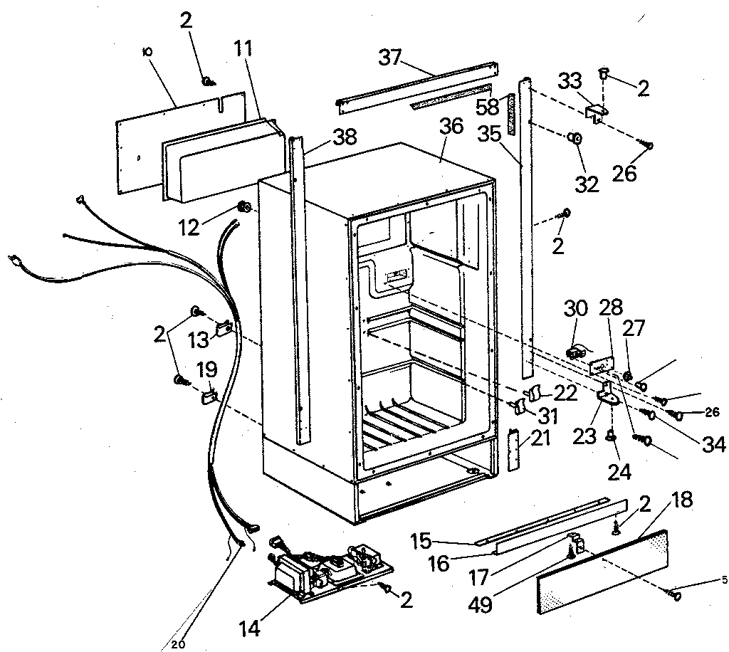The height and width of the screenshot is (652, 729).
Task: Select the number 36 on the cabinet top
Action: click(x=451, y=126)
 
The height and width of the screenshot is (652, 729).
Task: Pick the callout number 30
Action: click(x=576, y=310)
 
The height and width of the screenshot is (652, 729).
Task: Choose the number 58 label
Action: click(x=488, y=107)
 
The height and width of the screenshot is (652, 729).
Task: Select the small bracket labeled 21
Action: click(x=515, y=450)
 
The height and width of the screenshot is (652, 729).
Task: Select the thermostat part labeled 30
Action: click(x=575, y=351)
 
